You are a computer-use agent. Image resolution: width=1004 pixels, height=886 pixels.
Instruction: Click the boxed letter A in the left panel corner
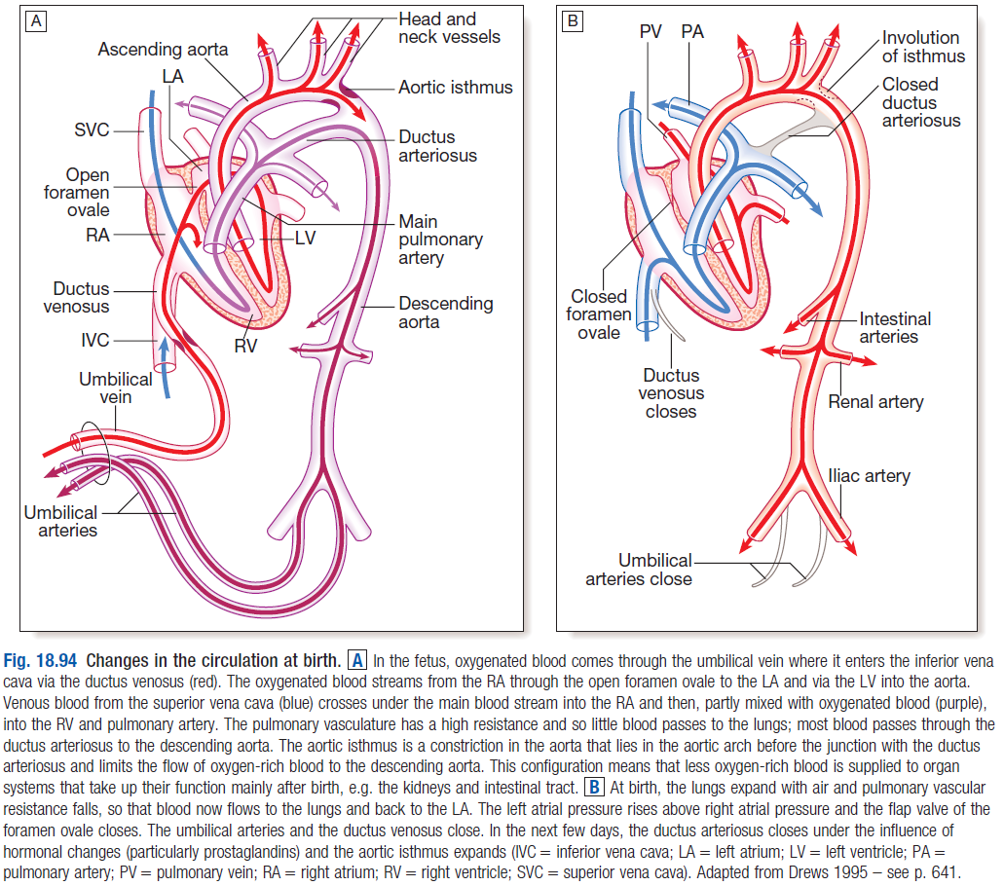point(36,21)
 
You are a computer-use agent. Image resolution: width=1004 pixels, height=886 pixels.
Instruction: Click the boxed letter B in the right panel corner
point(573,21)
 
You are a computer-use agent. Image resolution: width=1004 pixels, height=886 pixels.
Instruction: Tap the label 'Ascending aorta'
point(163,50)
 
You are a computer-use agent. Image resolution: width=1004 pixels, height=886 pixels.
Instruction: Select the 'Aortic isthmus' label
point(456,87)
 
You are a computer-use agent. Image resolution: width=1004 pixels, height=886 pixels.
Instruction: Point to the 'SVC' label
point(92,129)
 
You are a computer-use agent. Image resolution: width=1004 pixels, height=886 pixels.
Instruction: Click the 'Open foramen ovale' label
point(77,192)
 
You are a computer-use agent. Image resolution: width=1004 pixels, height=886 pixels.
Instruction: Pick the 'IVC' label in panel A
point(94,340)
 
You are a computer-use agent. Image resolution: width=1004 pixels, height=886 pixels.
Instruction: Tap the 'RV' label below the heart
point(245,347)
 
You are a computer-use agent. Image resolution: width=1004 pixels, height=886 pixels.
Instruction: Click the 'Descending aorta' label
point(446,313)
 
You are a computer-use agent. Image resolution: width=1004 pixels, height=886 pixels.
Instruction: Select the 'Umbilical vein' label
point(116,388)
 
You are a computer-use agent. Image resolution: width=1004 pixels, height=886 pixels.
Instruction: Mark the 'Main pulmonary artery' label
point(440,240)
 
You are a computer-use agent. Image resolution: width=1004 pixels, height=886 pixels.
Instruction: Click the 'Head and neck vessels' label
point(450,28)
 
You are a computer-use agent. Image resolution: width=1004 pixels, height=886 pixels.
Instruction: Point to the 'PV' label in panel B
point(650,31)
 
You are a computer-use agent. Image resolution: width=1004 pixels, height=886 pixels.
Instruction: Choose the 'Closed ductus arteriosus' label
point(921,102)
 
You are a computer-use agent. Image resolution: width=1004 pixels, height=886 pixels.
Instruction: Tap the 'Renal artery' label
point(875,402)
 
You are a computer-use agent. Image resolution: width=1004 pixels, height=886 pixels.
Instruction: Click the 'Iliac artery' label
point(869,476)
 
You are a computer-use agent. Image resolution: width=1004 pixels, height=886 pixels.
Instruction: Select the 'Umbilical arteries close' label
point(639,570)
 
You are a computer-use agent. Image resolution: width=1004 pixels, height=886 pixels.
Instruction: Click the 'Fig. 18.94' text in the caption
point(40,661)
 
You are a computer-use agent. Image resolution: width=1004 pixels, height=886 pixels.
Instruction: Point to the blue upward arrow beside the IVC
point(166,367)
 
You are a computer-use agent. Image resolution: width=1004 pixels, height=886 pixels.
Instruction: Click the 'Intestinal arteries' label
point(895,328)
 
